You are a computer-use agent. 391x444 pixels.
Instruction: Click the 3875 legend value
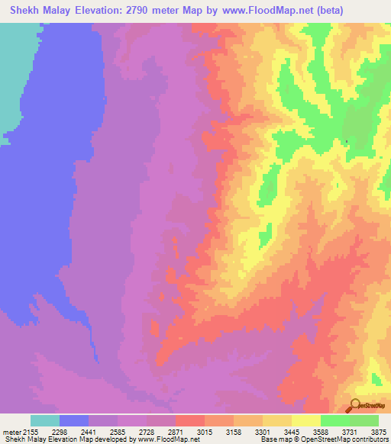[378, 432]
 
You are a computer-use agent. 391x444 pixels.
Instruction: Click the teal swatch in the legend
[45, 420]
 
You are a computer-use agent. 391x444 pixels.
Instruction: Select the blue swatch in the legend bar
[74, 420]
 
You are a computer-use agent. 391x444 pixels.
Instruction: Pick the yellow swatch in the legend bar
[306, 420]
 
